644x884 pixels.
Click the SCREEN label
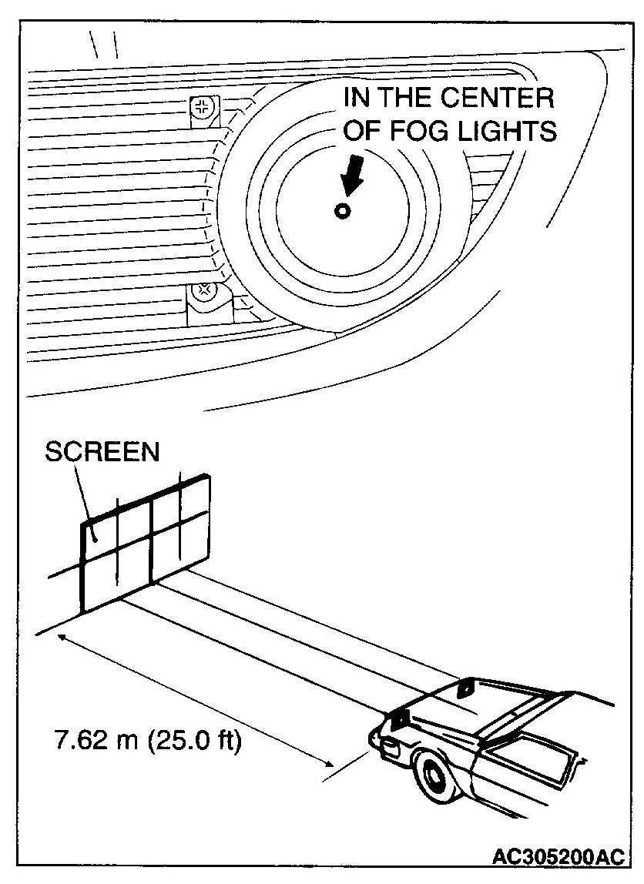(x=102, y=451)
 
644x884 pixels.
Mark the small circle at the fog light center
(x=342, y=211)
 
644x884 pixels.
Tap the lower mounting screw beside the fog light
(x=205, y=291)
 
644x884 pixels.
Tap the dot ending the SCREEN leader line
(x=93, y=537)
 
